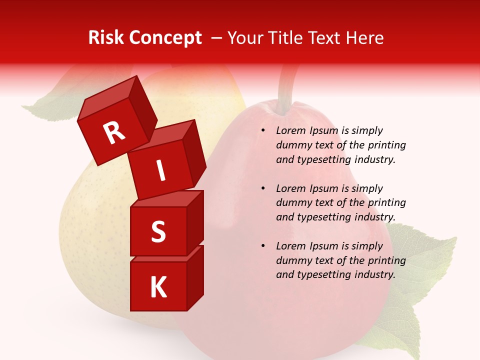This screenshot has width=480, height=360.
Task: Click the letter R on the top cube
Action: [114, 132]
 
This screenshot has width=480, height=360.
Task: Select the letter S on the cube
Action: [158, 232]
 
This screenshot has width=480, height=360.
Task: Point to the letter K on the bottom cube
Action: [158, 287]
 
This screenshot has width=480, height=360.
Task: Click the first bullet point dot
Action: [263, 131]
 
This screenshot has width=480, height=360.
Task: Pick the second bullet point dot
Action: [263, 189]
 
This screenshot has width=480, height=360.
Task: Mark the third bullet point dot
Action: [263, 246]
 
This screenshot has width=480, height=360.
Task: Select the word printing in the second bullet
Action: [385, 203]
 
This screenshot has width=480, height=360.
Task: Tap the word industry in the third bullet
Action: [375, 274]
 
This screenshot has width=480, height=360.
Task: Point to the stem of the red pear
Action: [288, 85]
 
